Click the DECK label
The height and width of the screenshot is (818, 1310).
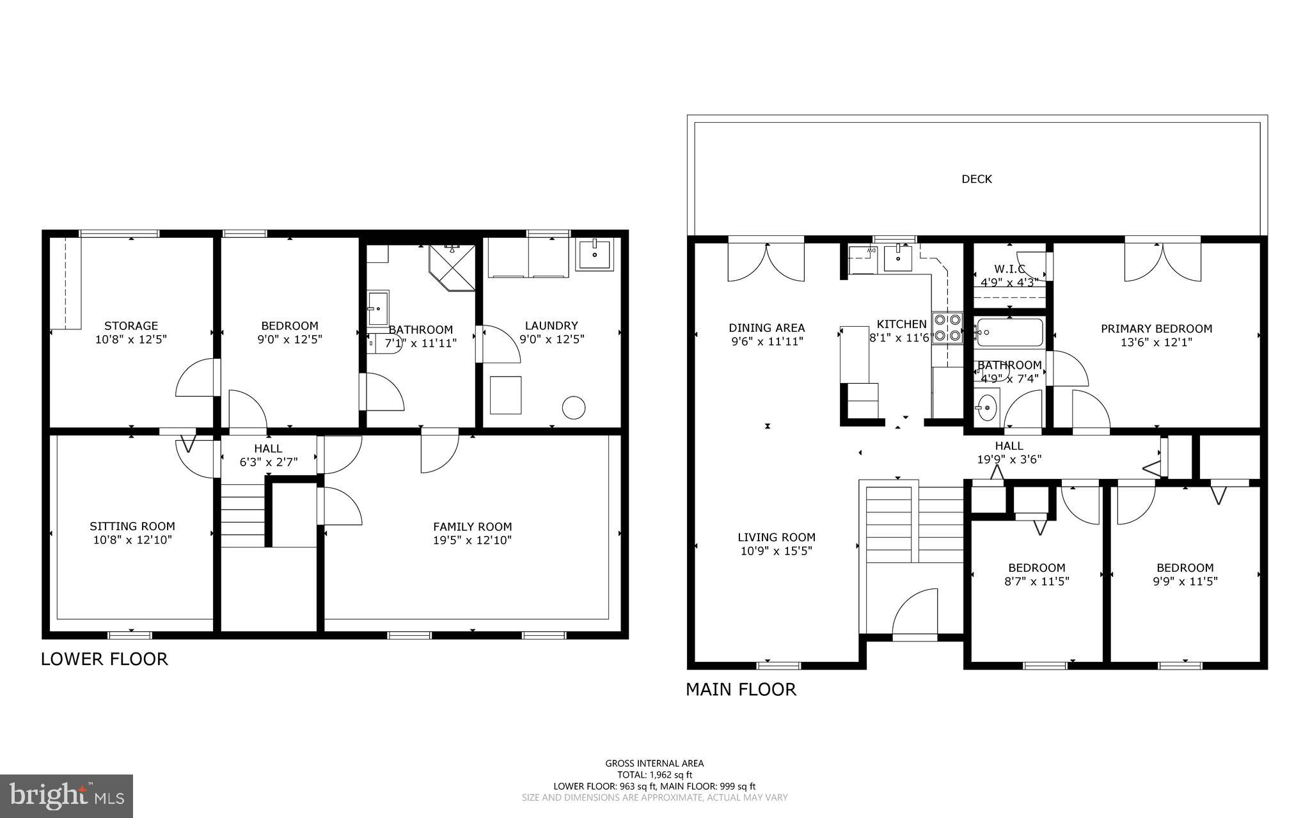(976, 179)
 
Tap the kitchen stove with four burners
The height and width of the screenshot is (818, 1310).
(947, 327)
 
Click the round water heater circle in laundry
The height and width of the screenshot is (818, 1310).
(574, 407)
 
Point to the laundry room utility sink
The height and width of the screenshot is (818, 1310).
(594, 255)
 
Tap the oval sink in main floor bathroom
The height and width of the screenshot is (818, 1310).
(988, 406)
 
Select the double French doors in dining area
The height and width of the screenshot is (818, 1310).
(766, 262)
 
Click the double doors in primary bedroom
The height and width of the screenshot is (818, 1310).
(1163, 262)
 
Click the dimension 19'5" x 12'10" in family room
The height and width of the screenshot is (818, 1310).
(472, 540)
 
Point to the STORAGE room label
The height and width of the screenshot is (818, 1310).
(131, 326)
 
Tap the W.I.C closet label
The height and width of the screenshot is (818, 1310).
(1009, 269)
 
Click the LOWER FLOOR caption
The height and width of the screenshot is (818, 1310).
(104, 659)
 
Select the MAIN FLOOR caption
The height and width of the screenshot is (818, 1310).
(741, 689)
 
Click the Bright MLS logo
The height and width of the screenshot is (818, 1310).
(67, 796)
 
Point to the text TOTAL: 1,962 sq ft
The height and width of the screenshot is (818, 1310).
(654, 775)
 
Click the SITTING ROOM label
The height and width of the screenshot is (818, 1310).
(132, 526)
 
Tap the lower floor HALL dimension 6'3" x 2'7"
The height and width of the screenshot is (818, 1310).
(269, 462)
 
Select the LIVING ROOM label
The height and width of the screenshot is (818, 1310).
(777, 537)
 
